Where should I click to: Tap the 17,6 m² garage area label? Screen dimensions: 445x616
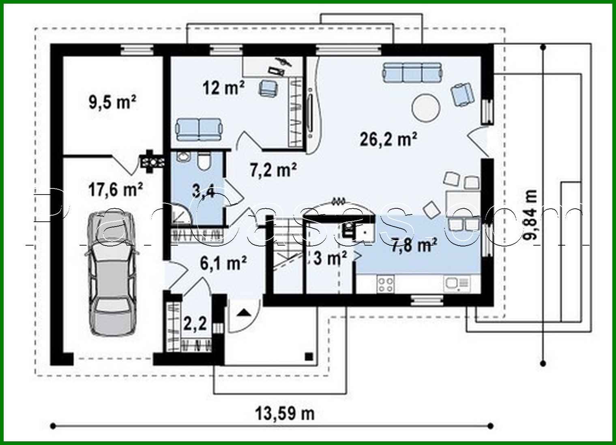[116, 189]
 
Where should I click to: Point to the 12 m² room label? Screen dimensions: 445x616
[223, 87]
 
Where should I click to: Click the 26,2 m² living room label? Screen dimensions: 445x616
[388, 139]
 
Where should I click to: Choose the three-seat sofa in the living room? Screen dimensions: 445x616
[412, 72]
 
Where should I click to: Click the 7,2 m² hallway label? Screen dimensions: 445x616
[273, 170]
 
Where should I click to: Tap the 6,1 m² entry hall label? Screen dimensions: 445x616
[223, 263]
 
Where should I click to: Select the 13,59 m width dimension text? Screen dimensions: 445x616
[285, 414]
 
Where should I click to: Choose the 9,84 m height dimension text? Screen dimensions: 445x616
[530, 216]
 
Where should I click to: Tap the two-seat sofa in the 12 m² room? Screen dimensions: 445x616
[199, 129]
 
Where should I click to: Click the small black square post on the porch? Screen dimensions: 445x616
[309, 356]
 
